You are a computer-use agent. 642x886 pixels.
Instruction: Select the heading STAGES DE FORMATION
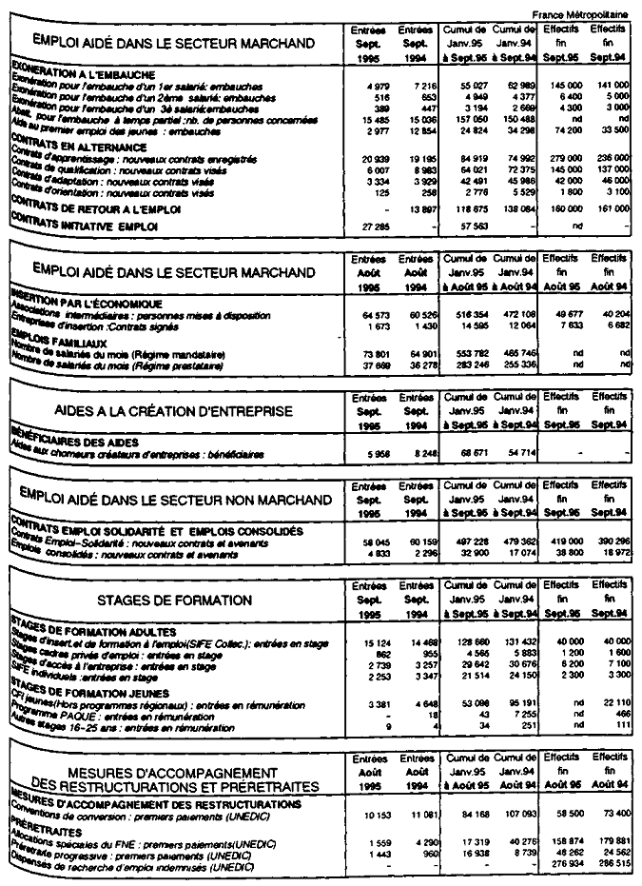(x=174, y=601)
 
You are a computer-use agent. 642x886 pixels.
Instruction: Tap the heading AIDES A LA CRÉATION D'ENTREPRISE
(x=174, y=411)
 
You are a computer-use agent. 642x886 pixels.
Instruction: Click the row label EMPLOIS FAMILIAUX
(x=59, y=335)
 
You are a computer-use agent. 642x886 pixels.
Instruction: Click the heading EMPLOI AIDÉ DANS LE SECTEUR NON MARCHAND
(x=174, y=500)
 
